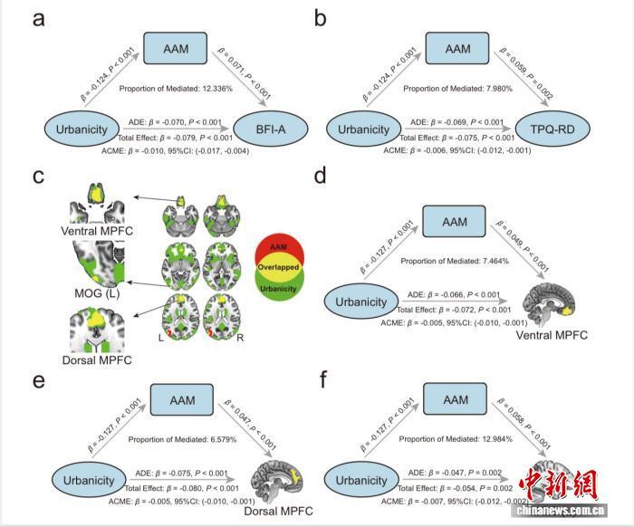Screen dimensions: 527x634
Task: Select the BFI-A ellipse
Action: tap(269, 130)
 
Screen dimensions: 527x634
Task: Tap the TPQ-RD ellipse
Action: tap(568, 130)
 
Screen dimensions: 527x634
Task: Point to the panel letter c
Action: tap(39, 176)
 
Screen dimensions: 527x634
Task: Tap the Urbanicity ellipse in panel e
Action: tap(88, 481)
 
